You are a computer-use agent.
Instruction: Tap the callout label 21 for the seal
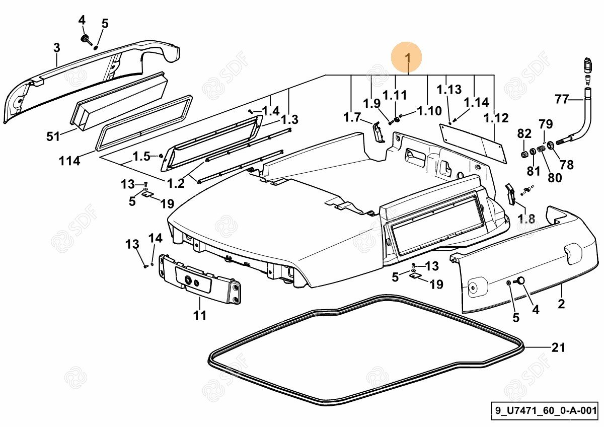point(558,347)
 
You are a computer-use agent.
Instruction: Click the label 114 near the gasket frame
point(69,161)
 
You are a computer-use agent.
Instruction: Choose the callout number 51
point(53,136)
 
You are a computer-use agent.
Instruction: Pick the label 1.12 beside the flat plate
point(496,118)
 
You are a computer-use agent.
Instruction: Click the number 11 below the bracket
point(200,316)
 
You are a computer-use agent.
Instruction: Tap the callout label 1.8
point(526,219)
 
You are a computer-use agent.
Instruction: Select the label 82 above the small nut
point(524,134)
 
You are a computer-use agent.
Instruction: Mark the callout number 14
point(156,238)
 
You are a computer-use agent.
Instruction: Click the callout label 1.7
point(352,117)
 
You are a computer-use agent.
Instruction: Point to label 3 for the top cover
point(56,48)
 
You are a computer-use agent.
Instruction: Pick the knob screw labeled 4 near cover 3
point(86,40)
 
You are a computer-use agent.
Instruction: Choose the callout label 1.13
point(449,90)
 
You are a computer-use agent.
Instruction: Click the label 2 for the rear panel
point(561,304)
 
